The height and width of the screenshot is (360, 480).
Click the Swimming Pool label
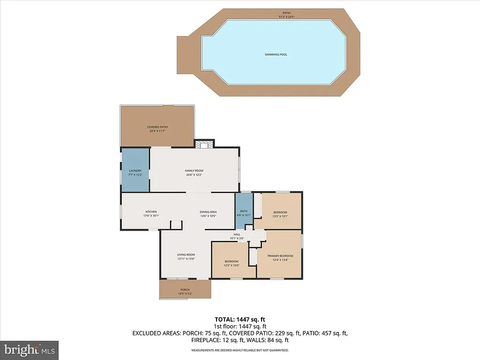point(276,54)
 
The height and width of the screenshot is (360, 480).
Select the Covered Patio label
point(157,127)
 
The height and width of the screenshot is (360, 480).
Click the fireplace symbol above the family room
point(203,144)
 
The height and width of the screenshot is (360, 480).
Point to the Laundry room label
point(135,171)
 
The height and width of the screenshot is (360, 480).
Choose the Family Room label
point(193,171)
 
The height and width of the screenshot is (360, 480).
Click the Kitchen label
point(150,212)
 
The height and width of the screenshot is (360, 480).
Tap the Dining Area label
point(208,212)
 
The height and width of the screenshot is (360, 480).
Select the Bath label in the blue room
point(244,211)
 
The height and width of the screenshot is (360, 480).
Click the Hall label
point(237,234)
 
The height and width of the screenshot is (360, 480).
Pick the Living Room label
point(186,255)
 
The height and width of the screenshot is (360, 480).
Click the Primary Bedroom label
point(280,255)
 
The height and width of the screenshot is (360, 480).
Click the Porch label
point(185,290)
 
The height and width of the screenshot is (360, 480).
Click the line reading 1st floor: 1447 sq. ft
point(240,326)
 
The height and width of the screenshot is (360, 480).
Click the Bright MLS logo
point(29,350)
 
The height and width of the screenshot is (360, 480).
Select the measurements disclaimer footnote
point(240,350)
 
